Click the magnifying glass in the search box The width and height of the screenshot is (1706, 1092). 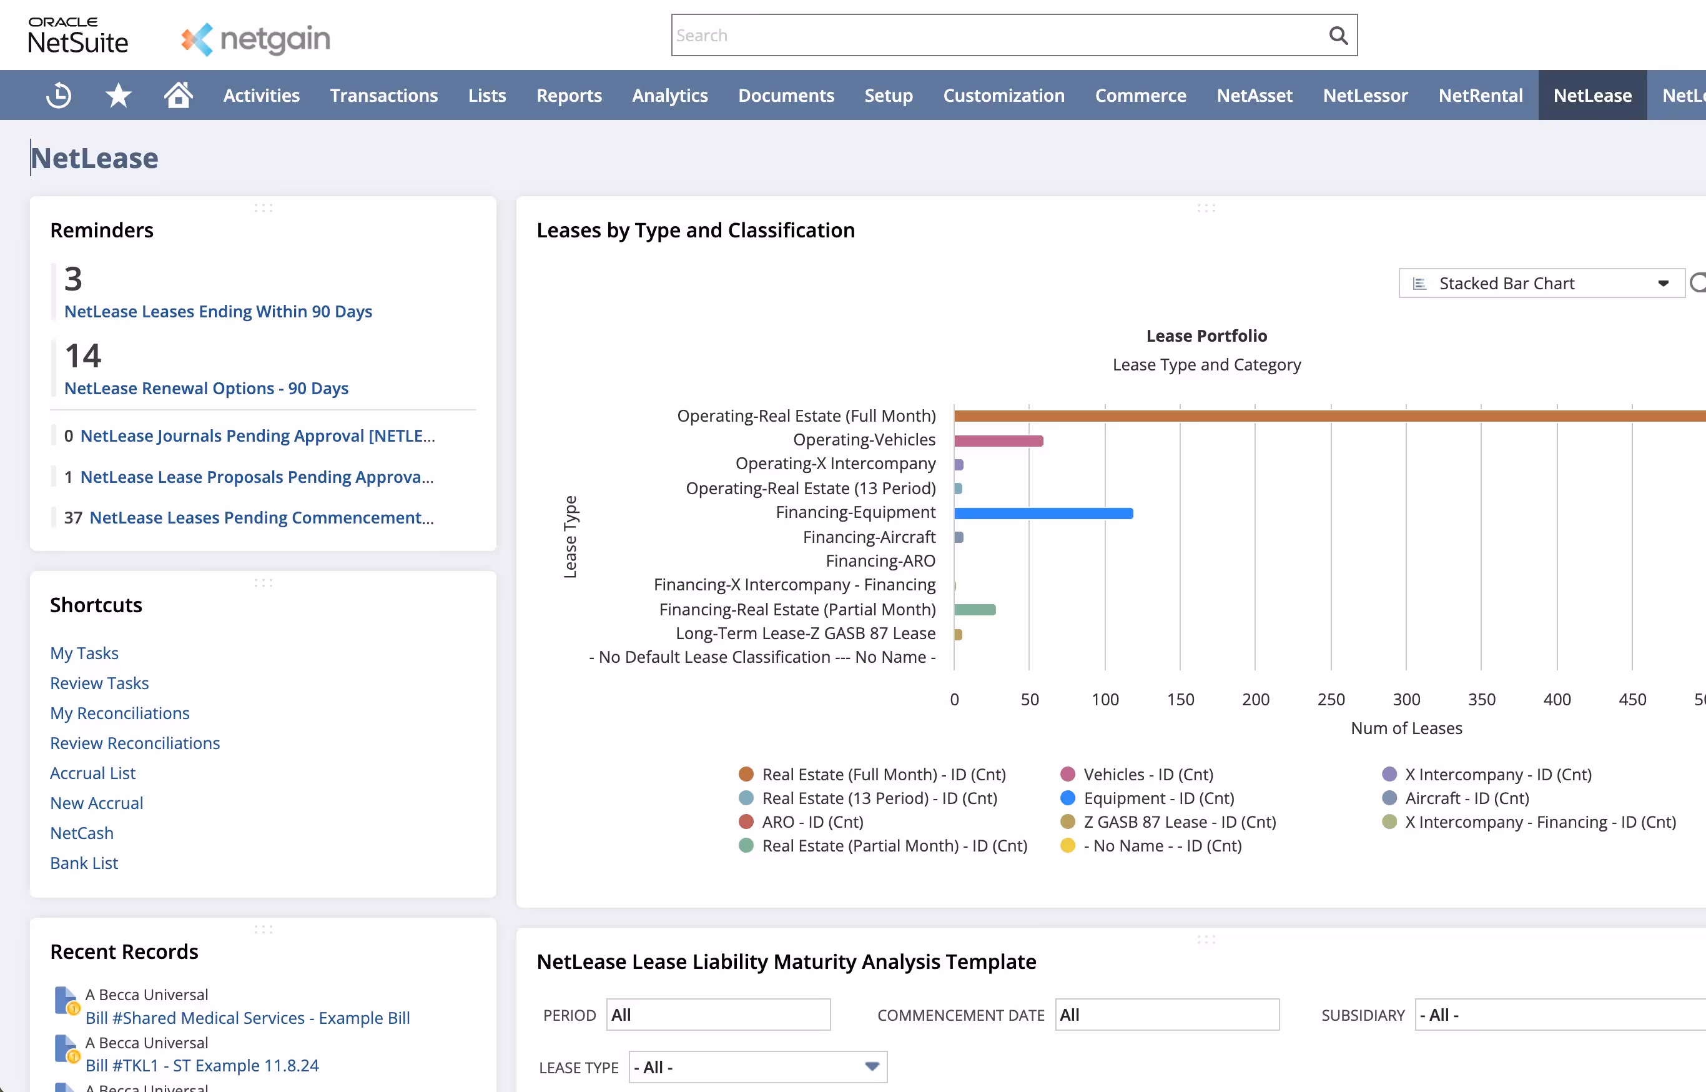pyautogui.click(x=1338, y=36)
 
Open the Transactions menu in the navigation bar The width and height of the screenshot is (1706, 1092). pyautogui.click(x=383, y=96)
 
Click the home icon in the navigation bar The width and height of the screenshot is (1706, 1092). pyautogui.click(x=178, y=95)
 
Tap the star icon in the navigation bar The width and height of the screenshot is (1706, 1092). pyautogui.click(x=119, y=95)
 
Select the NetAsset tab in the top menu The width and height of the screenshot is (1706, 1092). pyautogui.click(x=1254, y=96)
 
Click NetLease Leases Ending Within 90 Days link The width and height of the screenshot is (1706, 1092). pyautogui.click(x=217, y=311)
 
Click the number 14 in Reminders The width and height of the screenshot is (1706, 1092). pyautogui.click(x=83, y=355)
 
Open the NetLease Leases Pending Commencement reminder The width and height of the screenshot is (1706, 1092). pyautogui.click(x=261, y=518)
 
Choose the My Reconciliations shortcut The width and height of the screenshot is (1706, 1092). pyautogui.click(x=120, y=713)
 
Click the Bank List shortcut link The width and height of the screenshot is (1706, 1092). pyautogui.click(x=84, y=863)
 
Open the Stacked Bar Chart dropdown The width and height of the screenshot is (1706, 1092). pyautogui.click(x=1541, y=284)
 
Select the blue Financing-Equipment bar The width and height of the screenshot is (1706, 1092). pyautogui.click(x=1043, y=514)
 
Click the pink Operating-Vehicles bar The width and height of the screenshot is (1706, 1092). pyautogui.click(x=998, y=441)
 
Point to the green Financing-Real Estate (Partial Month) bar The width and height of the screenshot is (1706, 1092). pyautogui.click(x=975, y=610)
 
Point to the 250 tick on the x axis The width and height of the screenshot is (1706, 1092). pyautogui.click(x=1330, y=699)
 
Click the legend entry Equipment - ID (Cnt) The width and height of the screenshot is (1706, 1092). pyautogui.click(x=1158, y=798)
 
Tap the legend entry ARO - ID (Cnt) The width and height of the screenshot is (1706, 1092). pyautogui.click(x=812, y=822)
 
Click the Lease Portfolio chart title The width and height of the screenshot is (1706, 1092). pyautogui.click(x=1206, y=336)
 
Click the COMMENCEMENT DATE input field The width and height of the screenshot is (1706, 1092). pyautogui.click(x=1166, y=1015)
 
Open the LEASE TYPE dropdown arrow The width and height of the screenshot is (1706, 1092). pyautogui.click(x=872, y=1066)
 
